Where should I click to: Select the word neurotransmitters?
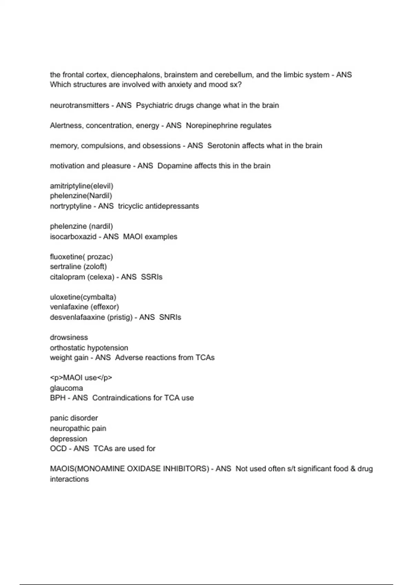(80, 105)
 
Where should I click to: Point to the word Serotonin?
(223, 146)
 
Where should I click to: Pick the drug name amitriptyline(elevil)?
(82, 186)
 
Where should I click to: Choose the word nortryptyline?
(71, 206)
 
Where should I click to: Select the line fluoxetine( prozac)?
(81, 257)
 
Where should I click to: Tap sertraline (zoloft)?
(78, 267)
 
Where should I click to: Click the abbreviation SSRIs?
(152, 277)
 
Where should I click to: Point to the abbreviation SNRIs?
(170, 317)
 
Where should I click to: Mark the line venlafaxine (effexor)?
(84, 307)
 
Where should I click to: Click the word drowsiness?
(69, 338)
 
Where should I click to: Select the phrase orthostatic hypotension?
(89, 348)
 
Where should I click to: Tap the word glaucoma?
(66, 388)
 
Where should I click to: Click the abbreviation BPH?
(58, 398)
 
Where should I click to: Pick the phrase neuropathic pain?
(78, 428)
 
